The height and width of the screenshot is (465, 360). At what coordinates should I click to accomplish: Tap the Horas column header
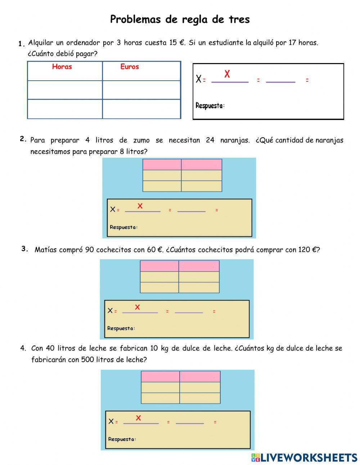tap(62, 67)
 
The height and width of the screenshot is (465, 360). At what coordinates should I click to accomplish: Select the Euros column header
tap(130, 67)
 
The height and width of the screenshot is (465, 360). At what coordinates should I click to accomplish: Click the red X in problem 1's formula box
tap(227, 74)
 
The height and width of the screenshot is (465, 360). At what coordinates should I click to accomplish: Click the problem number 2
tap(22, 139)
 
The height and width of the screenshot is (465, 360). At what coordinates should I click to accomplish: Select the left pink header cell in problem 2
tap(162, 165)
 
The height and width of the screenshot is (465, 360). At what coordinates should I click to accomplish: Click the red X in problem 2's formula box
tap(140, 206)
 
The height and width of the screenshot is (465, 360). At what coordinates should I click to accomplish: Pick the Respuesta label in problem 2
tap(123, 227)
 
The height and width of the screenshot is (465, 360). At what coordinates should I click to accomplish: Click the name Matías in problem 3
tap(45, 250)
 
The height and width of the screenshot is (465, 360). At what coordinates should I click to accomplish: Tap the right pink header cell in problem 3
tap(199, 266)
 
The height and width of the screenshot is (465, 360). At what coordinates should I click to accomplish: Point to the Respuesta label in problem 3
tap(121, 328)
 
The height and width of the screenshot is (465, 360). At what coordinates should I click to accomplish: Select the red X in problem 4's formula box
tap(138, 418)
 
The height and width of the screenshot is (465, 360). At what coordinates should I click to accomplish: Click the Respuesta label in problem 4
tap(122, 439)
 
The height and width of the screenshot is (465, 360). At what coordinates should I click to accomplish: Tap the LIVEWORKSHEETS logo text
tap(309, 457)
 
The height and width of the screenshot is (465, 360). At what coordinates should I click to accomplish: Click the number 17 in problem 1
tap(292, 43)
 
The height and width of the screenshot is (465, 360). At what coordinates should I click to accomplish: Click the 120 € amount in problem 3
tap(308, 250)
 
